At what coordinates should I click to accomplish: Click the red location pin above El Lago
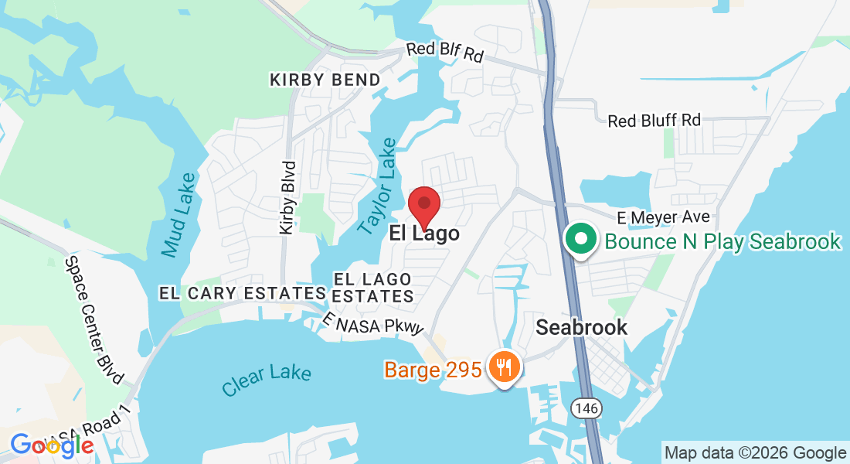click(x=424, y=205)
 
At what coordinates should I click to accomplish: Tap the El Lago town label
click(x=424, y=234)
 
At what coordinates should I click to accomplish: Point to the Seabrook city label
click(x=582, y=327)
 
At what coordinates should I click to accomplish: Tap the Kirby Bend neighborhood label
click(x=325, y=80)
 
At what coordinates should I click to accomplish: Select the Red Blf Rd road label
click(x=445, y=53)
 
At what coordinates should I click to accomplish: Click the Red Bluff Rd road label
click(x=654, y=121)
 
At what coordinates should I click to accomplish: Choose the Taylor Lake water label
click(x=379, y=186)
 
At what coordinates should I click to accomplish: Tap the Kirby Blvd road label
click(x=288, y=198)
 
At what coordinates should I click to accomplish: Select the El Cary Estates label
click(x=242, y=294)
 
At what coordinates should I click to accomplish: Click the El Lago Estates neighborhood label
click(x=374, y=287)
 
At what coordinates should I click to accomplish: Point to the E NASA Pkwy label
click(x=374, y=324)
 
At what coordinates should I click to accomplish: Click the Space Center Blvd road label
click(x=94, y=321)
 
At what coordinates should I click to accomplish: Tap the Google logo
click(x=52, y=445)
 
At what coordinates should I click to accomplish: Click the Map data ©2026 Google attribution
click(x=755, y=453)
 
